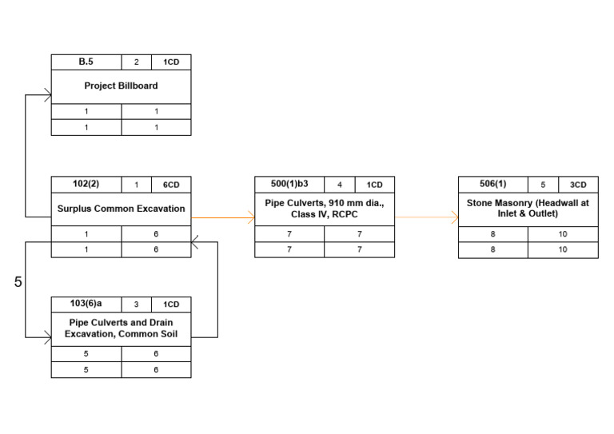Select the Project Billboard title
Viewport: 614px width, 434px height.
pyautogui.click(x=121, y=86)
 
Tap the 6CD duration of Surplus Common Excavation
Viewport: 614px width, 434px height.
pyautogui.click(x=171, y=185)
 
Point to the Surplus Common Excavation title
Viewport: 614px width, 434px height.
pyautogui.click(x=121, y=209)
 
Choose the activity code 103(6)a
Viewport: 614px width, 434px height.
pyautogui.click(x=86, y=304)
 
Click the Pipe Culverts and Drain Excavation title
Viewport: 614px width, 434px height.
pyautogui.click(x=121, y=328)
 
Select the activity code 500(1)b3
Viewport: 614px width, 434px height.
pyautogui.click(x=289, y=185)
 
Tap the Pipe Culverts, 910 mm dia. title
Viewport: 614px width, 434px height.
pyautogui.click(x=325, y=209)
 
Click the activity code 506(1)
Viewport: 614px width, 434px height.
pyautogui.click(x=492, y=185)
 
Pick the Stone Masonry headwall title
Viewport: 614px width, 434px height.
pyautogui.click(x=528, y=209)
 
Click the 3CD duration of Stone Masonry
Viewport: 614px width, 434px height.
pyautogui.click(x=578, y=185)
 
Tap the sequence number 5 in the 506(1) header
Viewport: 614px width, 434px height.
pyautogui.click(x=544, y=185)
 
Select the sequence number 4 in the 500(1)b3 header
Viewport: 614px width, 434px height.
pyautogui.click(x=340, y=185)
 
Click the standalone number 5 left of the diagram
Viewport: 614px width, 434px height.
pyautogui.click(x=18, y=282)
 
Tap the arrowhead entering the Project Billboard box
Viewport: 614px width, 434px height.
pyautogui.click(x=48, y=95)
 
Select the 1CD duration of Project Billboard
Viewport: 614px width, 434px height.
pyautogui.click(x=171, y=62)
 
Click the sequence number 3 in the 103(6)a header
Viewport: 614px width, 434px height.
pyautogui.click(x=136, y=305)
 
